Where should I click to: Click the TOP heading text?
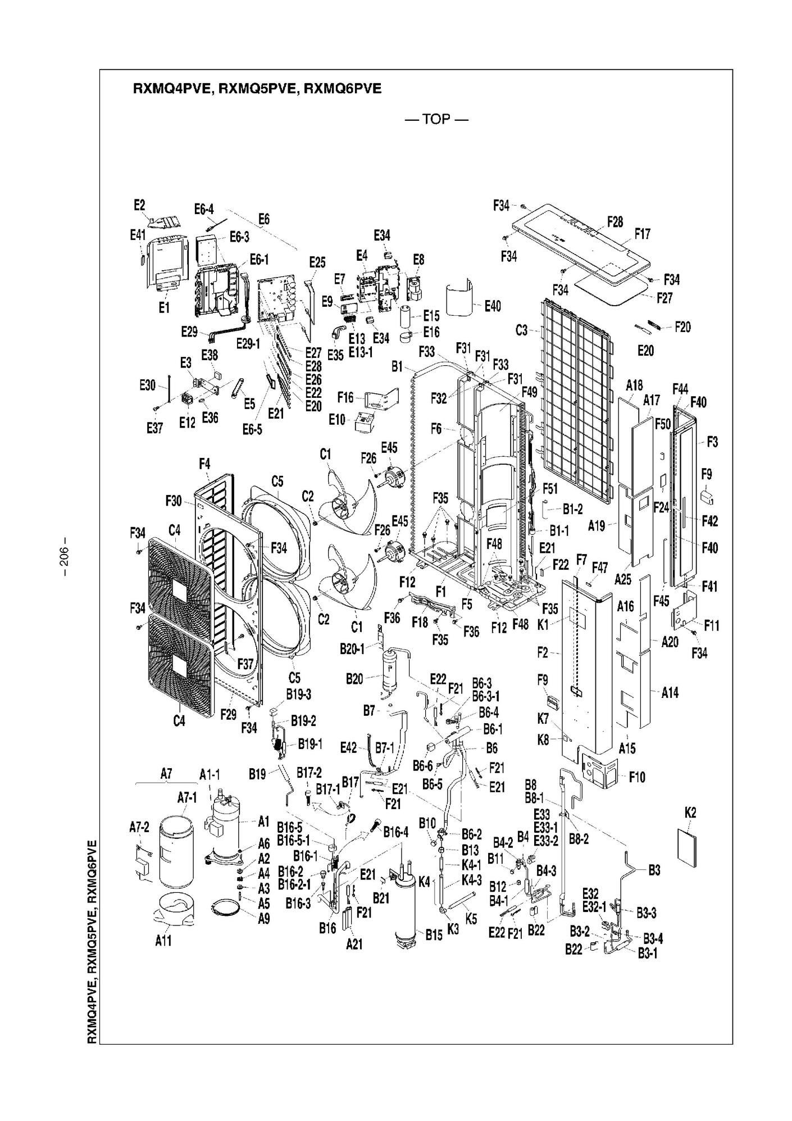pyautogui.click(x=436, y=119)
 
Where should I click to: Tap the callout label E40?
pyautogui.click(x=492, y=306)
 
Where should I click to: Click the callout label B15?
pyautogui.click(x=434, y=934)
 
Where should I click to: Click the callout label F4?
pyautogui.click(x=204, y=464)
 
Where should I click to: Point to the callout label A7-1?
pyautogui.click(x=187, y=797)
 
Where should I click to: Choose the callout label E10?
pyautogui.click(x=337, y=419)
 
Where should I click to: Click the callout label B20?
pyautogui.click(x=354, y=679)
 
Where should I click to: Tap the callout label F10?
pyautogui.click(x=637, y=777)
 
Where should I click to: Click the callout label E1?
pyautogui.click(x=163, y=307)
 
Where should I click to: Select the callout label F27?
pyautogui.click(x=664, y=297)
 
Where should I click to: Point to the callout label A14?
pyautogui.click(x=670, y=693)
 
